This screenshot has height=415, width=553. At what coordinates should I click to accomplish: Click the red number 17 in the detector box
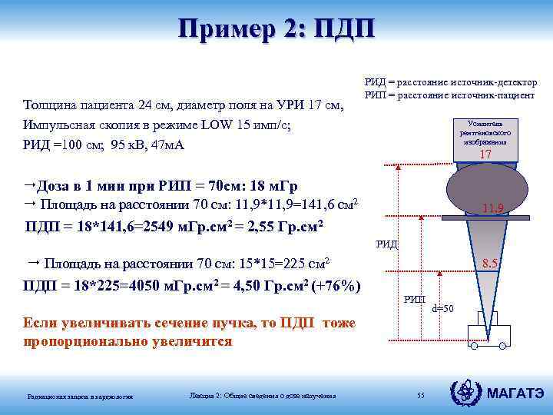[x=485, y=155]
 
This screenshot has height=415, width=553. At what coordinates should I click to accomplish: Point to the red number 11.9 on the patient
[x=492, y=207]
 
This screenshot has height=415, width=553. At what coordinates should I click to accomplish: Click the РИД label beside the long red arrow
[x=386, y=244]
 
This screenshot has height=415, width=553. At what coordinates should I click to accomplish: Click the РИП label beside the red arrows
[x=415, y=299]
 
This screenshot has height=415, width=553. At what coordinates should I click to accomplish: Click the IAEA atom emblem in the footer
[x=469, y=393]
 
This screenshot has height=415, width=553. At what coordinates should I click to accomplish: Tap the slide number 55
[x=420, y=395]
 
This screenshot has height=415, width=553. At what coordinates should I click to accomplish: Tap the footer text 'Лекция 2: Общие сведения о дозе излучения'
[x=262, y=396]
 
